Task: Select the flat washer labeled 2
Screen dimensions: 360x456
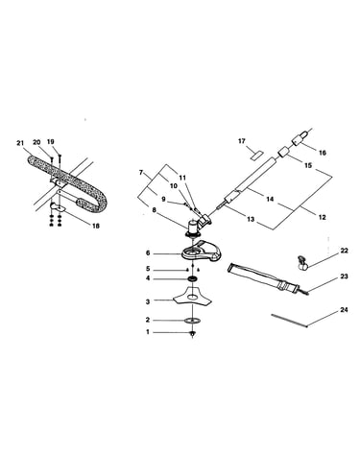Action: point(192,321)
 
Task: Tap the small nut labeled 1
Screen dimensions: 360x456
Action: point(192,334)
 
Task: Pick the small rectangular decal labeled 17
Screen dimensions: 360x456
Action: point(256,155)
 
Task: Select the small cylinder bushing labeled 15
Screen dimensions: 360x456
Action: point(282,151)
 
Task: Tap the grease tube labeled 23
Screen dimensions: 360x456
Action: point(268,278)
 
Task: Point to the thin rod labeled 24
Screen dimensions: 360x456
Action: point(289,321)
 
